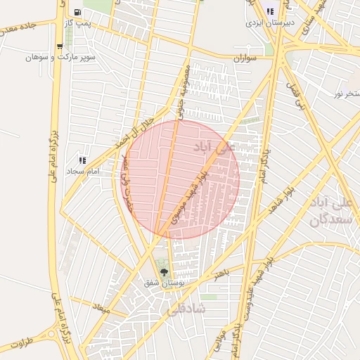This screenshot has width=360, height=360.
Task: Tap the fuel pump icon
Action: tap(76, 12)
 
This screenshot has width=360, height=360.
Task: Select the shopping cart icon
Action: tap(59, 47)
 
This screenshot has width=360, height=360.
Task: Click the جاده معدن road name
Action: tap(18, 30)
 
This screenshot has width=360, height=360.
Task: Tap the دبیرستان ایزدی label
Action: tap(267, 22)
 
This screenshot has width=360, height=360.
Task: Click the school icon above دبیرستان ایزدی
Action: tap(270, 11)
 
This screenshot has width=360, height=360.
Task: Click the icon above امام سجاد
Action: tap(83, 160)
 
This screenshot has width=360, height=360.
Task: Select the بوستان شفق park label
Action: tap(162, 283)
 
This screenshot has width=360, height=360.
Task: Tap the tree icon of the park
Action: tap(164, 272)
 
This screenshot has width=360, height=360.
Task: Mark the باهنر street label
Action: tap(223, 271)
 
